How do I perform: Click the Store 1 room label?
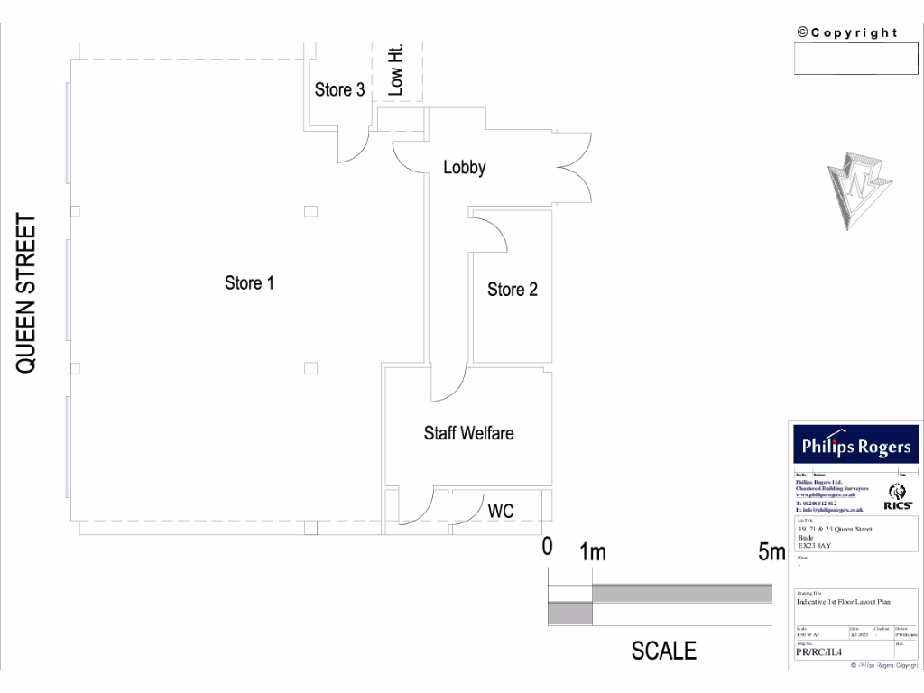(x=249, y=283)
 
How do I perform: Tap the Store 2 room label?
(x=513, y=290)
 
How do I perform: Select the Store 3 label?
(x=339, y=89)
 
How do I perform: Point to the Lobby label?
(x=465, y=167)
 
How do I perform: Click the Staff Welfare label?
(x=468, y=433)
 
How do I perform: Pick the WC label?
(x=501, y=511)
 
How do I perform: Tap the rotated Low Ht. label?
(x=395, y=70)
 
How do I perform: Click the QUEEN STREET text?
(x=27, y=293)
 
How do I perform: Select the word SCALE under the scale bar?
(x=663, y=651)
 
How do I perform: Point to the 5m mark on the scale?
(x=772, y=551)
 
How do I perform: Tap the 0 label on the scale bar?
(x=547, y=546)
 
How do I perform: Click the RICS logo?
(x=900, y=497)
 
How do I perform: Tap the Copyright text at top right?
(x=847, y=33)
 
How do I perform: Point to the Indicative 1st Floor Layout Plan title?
(x=844, y=601)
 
